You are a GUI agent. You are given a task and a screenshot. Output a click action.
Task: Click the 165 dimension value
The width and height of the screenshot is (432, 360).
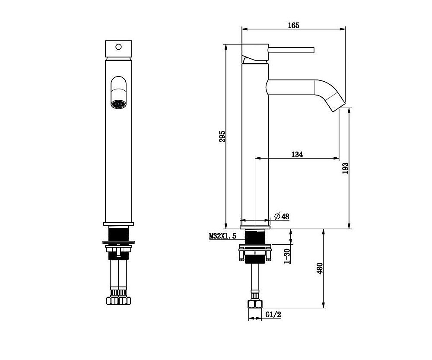point(293,25)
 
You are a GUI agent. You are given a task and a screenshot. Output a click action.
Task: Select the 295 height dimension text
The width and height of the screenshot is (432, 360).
point(222,137)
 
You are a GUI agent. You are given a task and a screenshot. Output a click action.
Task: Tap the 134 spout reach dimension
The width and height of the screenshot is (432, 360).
point(297,154)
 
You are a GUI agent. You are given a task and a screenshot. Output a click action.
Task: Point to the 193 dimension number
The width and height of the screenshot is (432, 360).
point(345,168)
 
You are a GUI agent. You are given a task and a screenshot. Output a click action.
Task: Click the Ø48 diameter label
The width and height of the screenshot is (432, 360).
point(282,217)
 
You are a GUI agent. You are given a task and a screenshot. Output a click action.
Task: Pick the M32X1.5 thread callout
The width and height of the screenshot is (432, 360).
point(222,236)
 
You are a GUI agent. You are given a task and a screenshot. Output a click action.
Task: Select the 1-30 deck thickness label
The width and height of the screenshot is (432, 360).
point(287,256)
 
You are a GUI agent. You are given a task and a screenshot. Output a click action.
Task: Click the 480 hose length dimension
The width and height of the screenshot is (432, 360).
point(320,268)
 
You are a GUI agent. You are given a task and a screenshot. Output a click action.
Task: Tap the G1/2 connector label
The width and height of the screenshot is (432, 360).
point(273,315)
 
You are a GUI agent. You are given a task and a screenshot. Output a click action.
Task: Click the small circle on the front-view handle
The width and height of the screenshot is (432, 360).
point(118,47)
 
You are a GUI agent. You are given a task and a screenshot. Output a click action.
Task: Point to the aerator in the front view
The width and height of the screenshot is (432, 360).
point(118,104)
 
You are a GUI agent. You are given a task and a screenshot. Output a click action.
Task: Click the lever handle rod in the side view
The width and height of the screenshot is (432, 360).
point(292,50)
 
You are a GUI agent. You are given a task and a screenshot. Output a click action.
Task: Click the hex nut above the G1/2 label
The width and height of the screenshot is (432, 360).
point(255,304)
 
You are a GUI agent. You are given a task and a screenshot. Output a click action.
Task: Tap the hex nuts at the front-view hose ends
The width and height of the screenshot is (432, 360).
point(118,300)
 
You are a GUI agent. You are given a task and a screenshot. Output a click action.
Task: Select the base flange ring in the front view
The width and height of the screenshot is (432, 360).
point(118,224)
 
